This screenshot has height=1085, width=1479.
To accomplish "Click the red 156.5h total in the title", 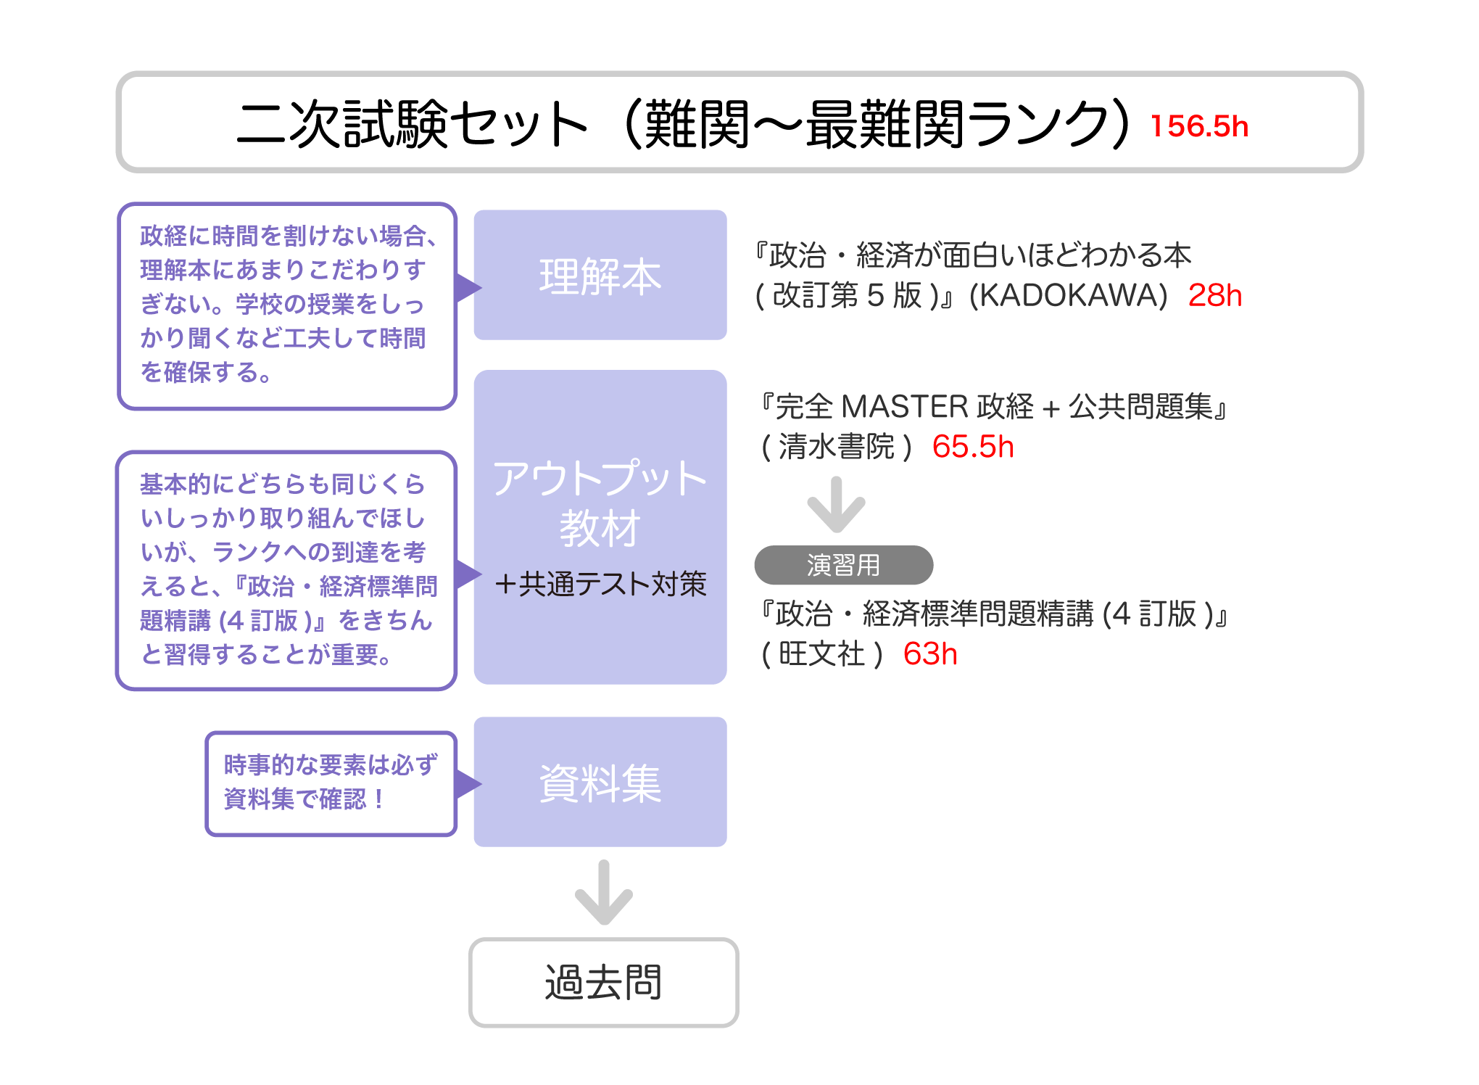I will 1199,126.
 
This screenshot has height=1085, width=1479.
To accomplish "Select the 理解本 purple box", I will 600,276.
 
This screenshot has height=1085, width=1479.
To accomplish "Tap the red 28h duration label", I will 1214,295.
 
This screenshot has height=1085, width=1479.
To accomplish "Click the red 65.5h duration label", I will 972,447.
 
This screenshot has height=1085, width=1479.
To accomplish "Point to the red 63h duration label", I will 929,654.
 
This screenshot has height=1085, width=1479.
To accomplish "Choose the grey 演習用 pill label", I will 843,565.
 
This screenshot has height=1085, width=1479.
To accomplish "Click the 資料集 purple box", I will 600,782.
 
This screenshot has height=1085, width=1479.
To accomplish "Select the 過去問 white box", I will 603,982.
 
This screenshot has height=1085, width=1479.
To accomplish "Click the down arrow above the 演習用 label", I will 836,505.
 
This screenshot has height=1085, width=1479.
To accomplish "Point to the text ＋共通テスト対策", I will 600,584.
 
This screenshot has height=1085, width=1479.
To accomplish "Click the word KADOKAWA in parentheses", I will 1068,295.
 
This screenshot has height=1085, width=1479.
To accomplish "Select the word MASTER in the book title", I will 904,407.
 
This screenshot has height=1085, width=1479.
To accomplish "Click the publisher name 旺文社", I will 821,654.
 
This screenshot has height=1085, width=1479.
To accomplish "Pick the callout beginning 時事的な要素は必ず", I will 331,783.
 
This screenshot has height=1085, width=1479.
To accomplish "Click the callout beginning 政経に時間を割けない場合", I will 287,305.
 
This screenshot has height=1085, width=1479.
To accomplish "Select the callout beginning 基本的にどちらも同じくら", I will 287,570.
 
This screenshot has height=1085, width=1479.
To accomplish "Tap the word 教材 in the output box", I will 600,528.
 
